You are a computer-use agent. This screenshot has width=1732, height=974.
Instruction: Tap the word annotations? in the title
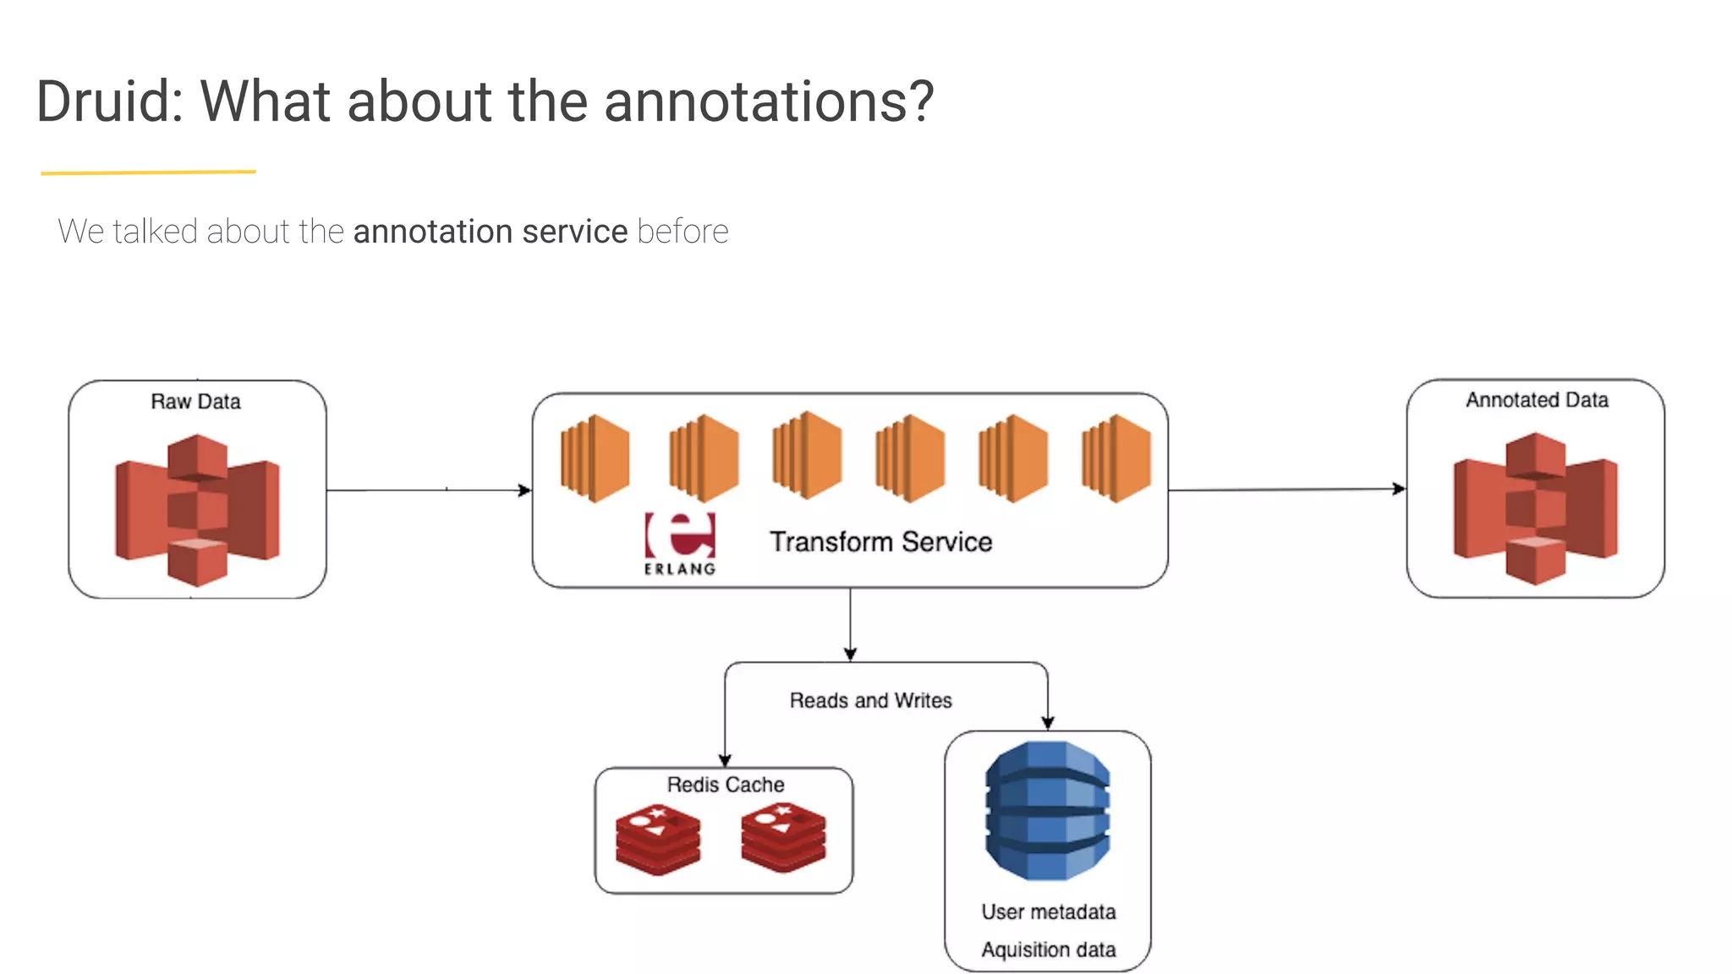coord(768,101)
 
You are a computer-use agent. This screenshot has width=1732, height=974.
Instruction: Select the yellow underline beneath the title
coord(148,172)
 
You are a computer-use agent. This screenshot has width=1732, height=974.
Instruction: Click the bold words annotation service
coord(490,232)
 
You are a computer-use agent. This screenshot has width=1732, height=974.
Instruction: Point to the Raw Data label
coord(195,402)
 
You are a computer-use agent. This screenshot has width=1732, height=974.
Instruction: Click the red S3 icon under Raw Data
coord(197,510)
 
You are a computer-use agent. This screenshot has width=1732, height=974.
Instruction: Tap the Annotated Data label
coord(1537,400)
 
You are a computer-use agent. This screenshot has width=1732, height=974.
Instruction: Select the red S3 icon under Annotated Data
coord(1535,508)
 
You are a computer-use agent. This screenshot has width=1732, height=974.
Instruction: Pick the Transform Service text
coord(880,542)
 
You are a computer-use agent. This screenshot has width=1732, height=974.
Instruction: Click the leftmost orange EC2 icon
coord(595,457)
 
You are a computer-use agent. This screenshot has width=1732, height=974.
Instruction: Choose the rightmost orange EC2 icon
coord(1115,457)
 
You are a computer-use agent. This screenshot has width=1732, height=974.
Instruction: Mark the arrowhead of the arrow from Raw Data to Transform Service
coord(525,490)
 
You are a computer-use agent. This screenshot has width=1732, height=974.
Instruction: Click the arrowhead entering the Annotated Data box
coord(1399,489)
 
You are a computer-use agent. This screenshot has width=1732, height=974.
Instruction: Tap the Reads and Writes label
coord(870,700)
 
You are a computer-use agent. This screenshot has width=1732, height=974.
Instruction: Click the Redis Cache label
coord(725,785)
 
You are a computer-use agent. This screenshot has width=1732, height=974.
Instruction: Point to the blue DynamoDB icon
coord(1047,811)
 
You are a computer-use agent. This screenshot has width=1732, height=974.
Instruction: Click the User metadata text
coord(1048,911)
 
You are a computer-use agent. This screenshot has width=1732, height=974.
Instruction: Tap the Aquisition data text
coord(1048,949)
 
